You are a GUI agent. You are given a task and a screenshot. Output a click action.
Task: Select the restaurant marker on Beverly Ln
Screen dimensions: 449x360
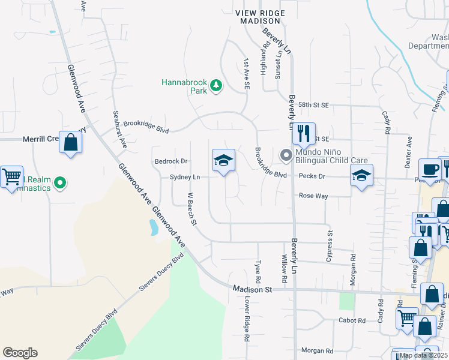(x=304, y=134)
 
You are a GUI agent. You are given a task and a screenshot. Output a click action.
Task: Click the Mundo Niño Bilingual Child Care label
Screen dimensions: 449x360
(x=331, y=156)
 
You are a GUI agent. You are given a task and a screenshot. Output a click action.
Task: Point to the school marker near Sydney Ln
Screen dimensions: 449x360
(x=223, y=161)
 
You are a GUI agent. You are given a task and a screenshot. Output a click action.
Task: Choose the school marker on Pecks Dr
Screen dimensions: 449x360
(x=361, y=176)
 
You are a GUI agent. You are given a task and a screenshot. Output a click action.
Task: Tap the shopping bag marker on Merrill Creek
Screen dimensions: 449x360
(x=71, y=143)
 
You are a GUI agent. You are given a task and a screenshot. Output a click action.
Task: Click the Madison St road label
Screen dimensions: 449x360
(x=253, y=289)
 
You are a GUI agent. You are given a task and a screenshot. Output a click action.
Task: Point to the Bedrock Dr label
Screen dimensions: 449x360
(x=171, y=161)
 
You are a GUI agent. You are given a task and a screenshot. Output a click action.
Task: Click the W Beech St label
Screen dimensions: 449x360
(x=192, y=209)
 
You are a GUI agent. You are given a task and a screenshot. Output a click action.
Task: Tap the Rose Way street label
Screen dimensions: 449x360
(x=313, y=196)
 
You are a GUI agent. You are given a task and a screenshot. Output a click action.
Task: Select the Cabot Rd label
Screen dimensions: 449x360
(x=352, y=320)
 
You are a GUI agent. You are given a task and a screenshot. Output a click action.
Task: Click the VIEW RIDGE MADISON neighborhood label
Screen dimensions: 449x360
(x=259, y=16)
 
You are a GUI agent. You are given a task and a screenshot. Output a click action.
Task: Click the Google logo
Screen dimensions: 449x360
(x=20, y=353)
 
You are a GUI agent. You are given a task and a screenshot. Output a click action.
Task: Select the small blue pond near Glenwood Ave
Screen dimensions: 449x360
(x=154, y=227)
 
